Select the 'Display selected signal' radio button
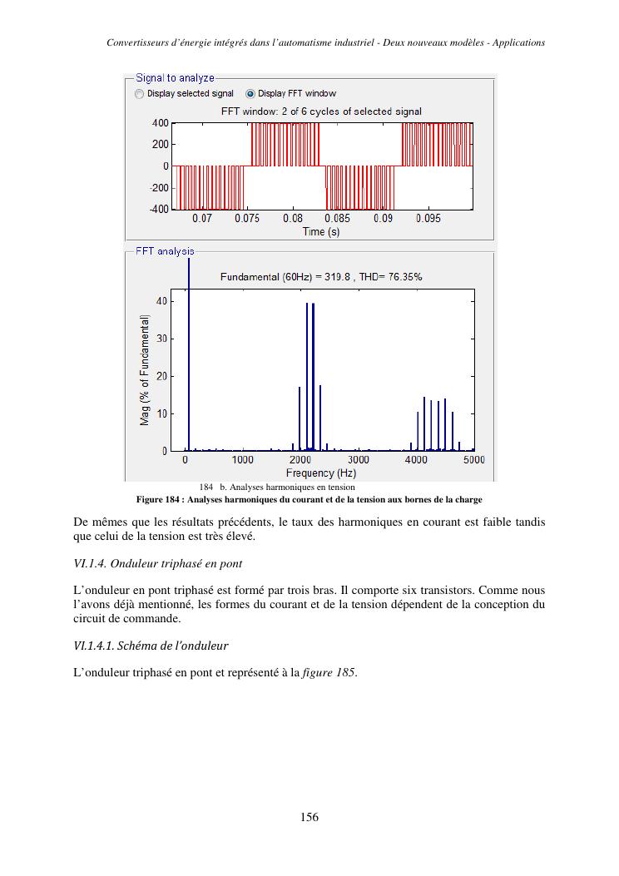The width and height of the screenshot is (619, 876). point(140,94)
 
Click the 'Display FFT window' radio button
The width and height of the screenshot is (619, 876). point(250,94)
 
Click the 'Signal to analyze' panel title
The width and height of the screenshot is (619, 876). point(175,78)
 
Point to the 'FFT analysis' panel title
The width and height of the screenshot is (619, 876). point(165,251)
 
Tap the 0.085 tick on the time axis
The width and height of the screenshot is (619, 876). point(337,219)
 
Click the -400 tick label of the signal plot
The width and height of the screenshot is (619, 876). point(159,209)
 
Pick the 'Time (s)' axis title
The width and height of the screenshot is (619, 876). point(320,232)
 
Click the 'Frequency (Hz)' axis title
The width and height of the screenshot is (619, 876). point(321,473)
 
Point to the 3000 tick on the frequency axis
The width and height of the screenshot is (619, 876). point(359,459)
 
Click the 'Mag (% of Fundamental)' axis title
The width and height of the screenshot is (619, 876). point(145,370)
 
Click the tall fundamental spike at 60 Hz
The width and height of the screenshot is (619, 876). point(189,349)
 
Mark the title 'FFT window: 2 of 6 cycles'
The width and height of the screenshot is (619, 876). point(320,111)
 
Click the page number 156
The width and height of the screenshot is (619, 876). point(309,817)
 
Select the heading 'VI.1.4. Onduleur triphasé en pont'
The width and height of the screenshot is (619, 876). point(158,564)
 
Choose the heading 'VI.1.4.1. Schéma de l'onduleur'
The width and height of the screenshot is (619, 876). point(151,646)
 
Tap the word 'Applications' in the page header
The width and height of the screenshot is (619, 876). point(518,42)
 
